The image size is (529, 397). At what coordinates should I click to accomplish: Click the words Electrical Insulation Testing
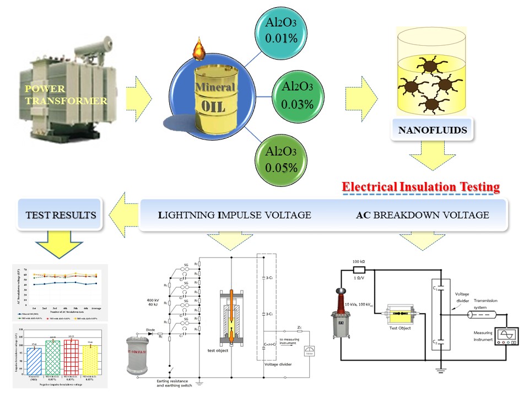(x=421, y=187)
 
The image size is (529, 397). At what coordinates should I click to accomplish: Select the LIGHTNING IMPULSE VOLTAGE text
(x=234, y=215)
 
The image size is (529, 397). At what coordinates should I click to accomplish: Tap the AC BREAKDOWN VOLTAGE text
(x=423, y=215)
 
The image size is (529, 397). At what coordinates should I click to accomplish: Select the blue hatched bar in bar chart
(x=34, y=361)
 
